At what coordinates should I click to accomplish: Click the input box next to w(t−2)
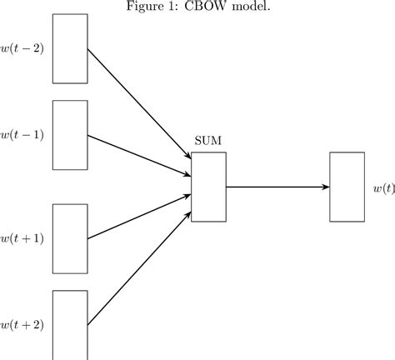(x=70, y=48)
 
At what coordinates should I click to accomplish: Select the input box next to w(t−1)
(x=70, y=135)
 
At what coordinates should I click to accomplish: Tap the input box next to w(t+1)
(x=70, y=238)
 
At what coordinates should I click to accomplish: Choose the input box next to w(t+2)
(x=70, y=325)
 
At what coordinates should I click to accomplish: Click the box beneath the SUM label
(x=208, y=187)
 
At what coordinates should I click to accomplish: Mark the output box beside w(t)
(x=347, y=187)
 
